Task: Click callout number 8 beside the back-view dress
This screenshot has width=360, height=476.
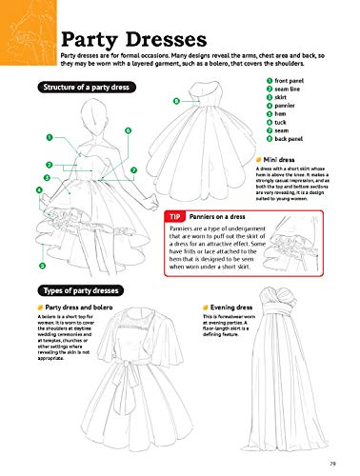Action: tap(176, 100)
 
